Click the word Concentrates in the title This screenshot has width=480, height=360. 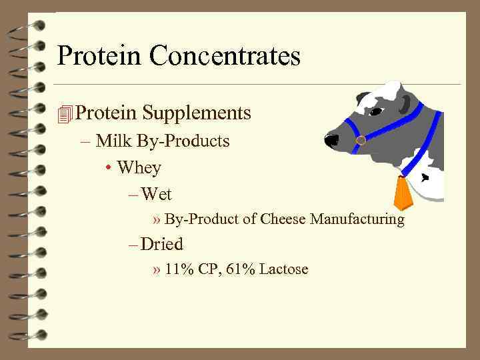225,56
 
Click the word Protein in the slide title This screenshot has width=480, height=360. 100,56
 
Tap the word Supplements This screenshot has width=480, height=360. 198,113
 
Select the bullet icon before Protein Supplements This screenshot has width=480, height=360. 65,114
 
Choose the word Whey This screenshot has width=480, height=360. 139,167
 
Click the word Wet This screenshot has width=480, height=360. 157,195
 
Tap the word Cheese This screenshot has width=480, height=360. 283,219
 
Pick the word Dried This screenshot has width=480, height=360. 162,245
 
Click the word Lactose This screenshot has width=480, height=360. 284,270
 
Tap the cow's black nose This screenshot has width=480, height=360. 331,141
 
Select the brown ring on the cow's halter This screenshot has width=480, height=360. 361,141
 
